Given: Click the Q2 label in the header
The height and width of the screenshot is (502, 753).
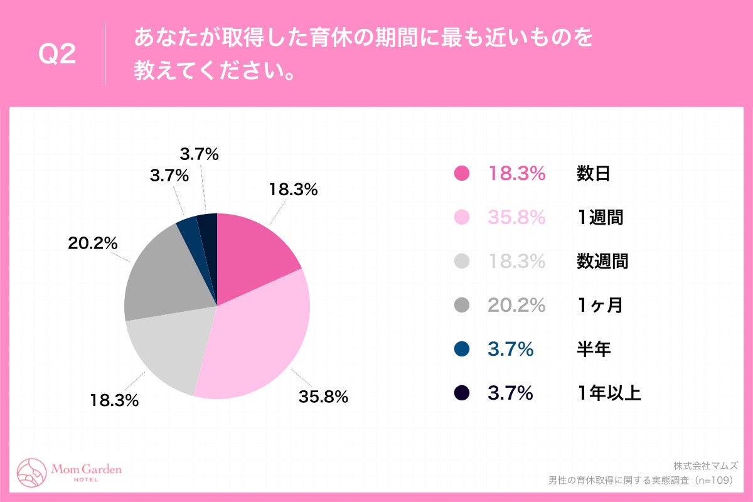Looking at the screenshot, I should click(57, 55).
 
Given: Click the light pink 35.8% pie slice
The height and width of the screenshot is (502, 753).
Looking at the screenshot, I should click(257, 339).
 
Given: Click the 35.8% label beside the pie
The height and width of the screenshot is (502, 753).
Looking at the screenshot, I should click(323, 397).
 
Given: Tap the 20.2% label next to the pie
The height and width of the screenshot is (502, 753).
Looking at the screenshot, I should click(93, 243).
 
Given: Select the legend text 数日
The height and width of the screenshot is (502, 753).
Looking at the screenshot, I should click(593, 174).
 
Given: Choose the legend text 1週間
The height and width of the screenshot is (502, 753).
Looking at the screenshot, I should click(601, 218).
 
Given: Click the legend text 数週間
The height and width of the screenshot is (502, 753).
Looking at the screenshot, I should click(602, 262).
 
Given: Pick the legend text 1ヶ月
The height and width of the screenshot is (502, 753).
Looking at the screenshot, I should click(599, 306).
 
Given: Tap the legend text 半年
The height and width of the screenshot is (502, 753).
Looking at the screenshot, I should click(593, 350).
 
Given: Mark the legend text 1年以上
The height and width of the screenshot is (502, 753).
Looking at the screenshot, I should click(609, 393).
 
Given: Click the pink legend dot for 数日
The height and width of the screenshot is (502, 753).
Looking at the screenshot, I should click(461, 174).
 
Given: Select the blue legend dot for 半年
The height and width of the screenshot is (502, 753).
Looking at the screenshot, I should click(461, 350).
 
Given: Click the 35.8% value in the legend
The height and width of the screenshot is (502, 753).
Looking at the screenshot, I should click(517, 218).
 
